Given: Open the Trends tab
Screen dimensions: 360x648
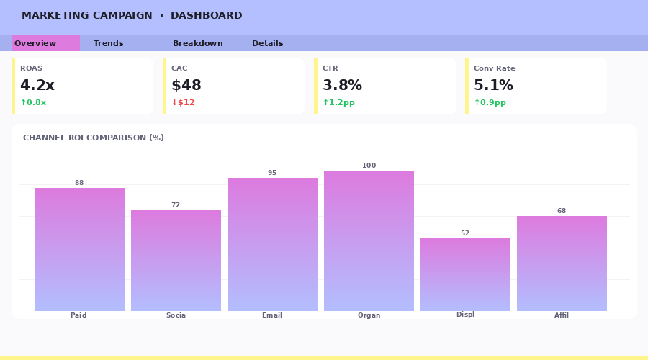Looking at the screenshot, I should tap(109, 43).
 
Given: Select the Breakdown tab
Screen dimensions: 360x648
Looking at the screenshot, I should tap(198, 43).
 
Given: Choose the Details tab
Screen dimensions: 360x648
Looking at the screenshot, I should tap(268, 43).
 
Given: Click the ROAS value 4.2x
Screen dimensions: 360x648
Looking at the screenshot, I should tap(37, 85).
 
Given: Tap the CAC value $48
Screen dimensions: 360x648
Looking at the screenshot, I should tap(186, 85).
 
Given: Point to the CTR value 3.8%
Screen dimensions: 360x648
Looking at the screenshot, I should tap(342, 85).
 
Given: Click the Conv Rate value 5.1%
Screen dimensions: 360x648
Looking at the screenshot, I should tap(493, 85).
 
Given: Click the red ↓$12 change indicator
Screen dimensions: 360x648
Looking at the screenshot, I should tap(183, 102).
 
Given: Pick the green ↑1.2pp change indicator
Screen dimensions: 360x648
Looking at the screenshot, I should tap(338, 102).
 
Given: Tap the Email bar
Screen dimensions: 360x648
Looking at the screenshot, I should tap(272, 244).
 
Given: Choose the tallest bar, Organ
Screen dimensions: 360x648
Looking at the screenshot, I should tap(369, 240).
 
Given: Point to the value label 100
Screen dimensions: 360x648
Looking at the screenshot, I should tap(369, 166).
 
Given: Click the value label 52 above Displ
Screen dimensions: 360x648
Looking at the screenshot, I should tap(465, 233).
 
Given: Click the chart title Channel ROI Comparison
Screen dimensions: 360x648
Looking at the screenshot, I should tap(94, 138).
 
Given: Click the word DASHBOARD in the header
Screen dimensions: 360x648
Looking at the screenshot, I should tap(207, 16).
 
